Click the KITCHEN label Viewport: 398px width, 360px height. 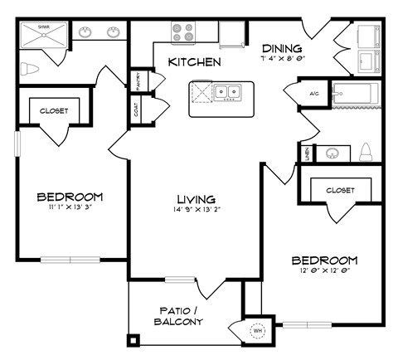[194, 62]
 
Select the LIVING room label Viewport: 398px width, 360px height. [196, 199]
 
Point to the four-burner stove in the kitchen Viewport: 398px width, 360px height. [183, 32]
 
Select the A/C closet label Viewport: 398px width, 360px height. [315, 93]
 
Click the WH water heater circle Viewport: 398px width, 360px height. [257, 329]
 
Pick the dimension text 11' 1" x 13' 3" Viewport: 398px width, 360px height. [70, 208]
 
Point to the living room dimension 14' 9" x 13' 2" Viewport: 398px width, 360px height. [196, 210]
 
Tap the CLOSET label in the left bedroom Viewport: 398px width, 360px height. [53, 110]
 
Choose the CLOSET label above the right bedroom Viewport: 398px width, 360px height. [339, 190]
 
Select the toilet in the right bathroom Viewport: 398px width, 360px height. [366, 152]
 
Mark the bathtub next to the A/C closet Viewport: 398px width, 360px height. [355, 95]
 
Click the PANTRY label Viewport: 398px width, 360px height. [138, 81]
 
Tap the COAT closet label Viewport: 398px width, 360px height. [138, 108]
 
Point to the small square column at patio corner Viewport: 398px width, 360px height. [132, 339]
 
